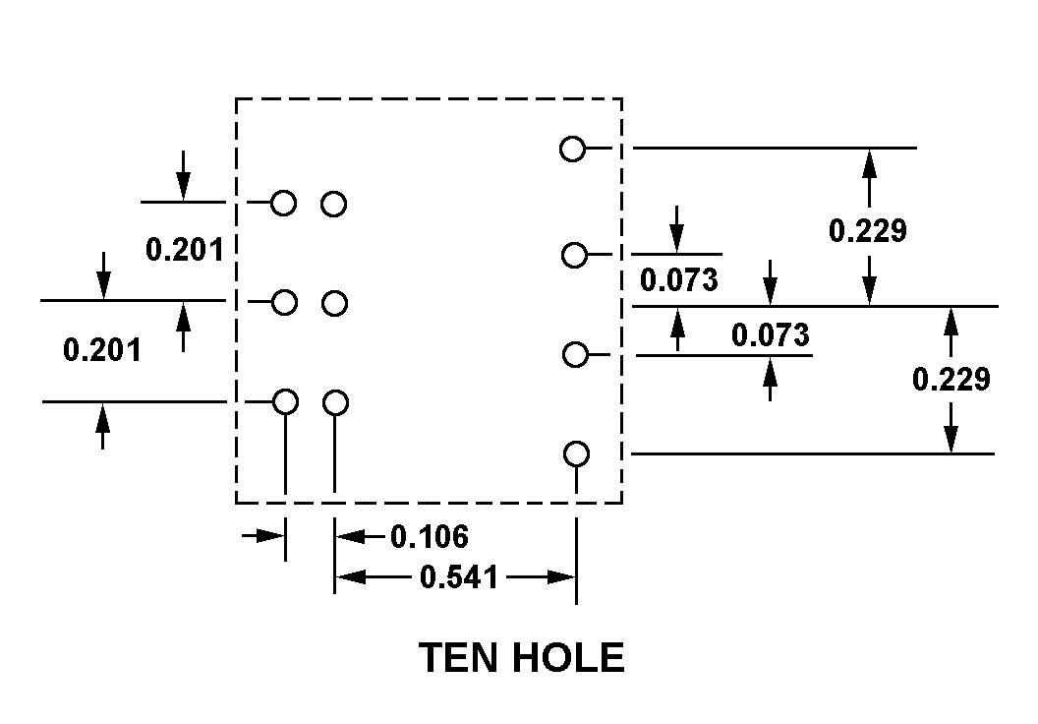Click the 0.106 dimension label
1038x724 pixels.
click(x=430, y=537)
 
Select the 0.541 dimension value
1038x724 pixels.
click(x=458, y=577)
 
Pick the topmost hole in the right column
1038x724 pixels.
click(x=572, y=150)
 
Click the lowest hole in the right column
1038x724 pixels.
click(x=577, y=454)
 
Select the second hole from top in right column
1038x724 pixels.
click(x=574, y=256)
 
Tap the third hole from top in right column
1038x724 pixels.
click(x=574, y=354)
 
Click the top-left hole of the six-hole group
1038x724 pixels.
click(x=284, y=204)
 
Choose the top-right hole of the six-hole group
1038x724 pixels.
click(x=334, y=205)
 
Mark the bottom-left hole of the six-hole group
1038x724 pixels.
click(x=285, y=402)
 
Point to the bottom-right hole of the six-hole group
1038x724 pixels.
click(x=336, y=403)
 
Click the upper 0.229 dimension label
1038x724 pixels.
click(x=867, y=230)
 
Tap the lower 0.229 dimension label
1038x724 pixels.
click(x=951, y=379)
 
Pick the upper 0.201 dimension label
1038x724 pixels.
click(x=185, y=250)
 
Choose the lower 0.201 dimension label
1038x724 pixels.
click(x=102, y=349)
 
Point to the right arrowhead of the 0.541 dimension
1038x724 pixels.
click(x=563, y=577)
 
